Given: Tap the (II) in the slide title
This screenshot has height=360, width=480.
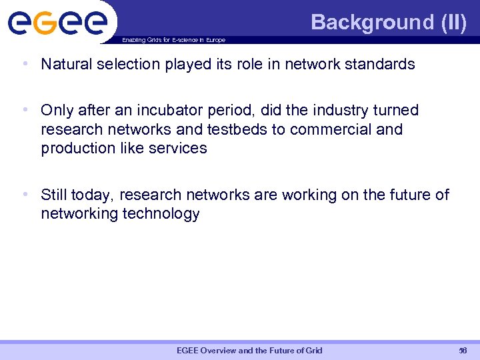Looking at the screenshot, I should tap(453, 22).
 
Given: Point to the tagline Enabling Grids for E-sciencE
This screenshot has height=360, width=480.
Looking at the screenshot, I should tap(173, 40).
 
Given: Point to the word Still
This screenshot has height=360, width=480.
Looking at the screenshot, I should tap(54, 195).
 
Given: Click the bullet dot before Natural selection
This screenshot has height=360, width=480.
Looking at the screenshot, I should tap(25, 65).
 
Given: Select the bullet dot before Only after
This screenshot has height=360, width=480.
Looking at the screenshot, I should tap(25, 110).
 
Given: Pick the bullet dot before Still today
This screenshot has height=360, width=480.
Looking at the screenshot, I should tap(25, 195).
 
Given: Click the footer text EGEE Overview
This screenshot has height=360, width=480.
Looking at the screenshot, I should tap(249, 351).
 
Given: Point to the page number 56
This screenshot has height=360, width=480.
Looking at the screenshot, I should tap(463, 351).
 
